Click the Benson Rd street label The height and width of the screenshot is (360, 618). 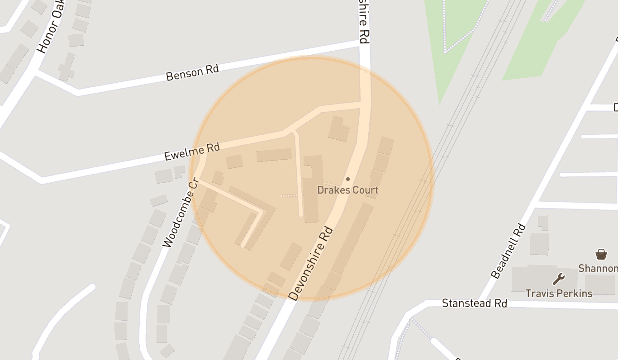(192, 72)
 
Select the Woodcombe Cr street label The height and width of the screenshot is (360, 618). (181, 213)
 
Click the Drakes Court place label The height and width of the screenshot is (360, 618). (347, 190)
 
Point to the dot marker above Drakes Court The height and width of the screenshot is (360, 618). (347, 180)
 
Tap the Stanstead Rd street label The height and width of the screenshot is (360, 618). (475, 303)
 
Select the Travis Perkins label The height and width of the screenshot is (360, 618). (559, 294)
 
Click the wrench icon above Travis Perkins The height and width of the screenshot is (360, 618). (559, 279)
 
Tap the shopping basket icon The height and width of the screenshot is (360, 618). (601, 254)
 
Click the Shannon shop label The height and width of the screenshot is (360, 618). (598, 268)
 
